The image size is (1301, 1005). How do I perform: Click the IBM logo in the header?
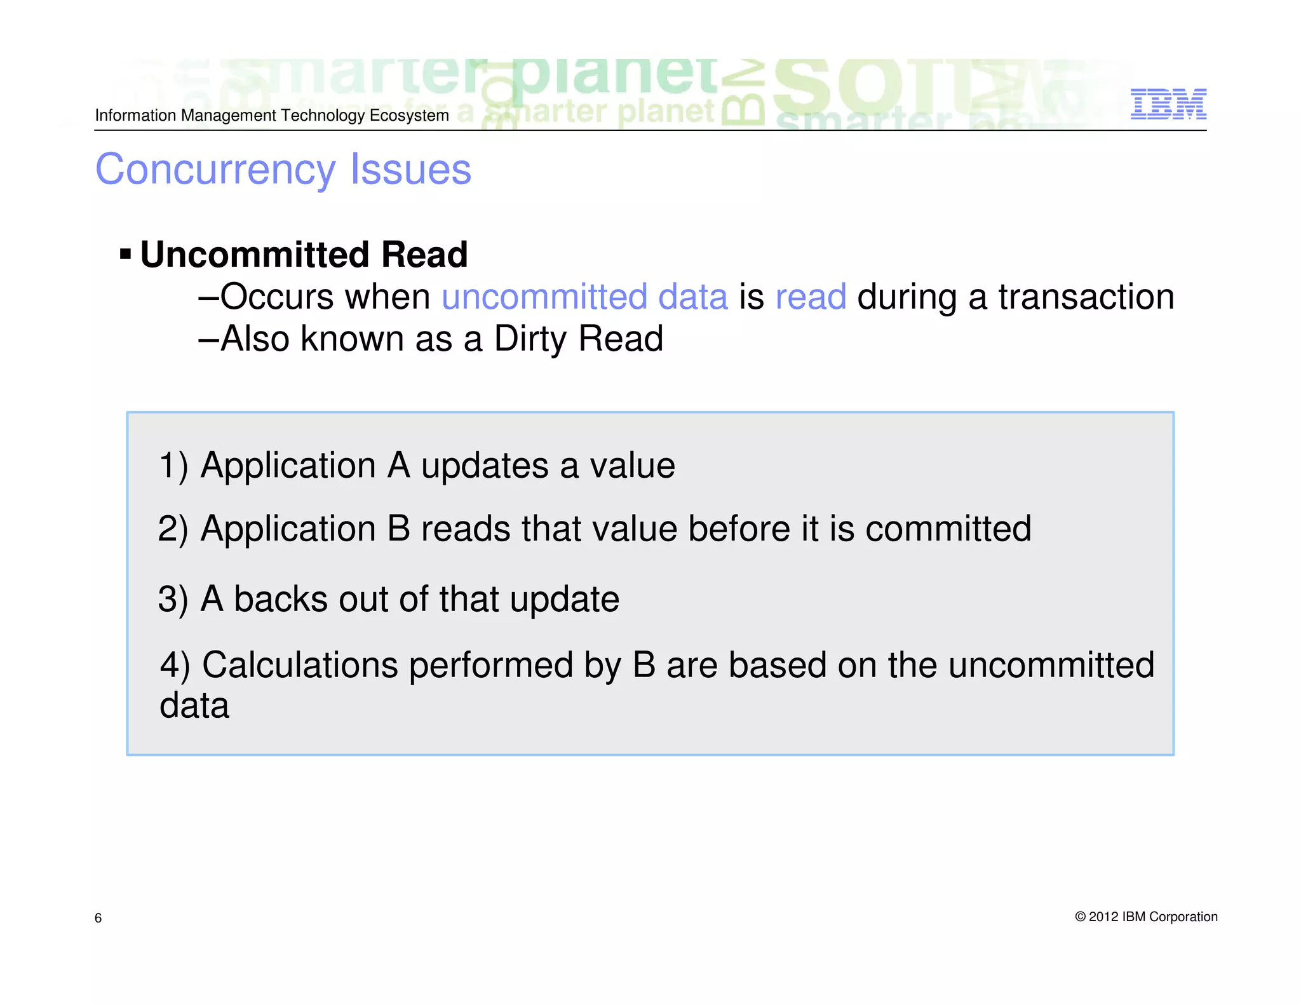1168,104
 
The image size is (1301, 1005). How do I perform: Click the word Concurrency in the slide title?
215,170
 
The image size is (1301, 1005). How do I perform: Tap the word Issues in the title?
410,170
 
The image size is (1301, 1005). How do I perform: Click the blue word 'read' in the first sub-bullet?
811,297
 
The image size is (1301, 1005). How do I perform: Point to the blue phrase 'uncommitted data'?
584,297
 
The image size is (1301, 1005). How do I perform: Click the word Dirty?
531,339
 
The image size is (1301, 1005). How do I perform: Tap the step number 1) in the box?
173,466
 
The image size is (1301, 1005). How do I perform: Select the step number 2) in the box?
173,529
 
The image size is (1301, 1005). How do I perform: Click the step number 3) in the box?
173,600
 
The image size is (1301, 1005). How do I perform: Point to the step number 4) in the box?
175,666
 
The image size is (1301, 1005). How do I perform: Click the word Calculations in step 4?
300,666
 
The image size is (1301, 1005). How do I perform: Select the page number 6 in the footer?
98,918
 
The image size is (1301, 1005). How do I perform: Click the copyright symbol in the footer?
1080,917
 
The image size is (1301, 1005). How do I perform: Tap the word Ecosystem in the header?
409,116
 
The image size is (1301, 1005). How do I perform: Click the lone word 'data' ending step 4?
194,706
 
